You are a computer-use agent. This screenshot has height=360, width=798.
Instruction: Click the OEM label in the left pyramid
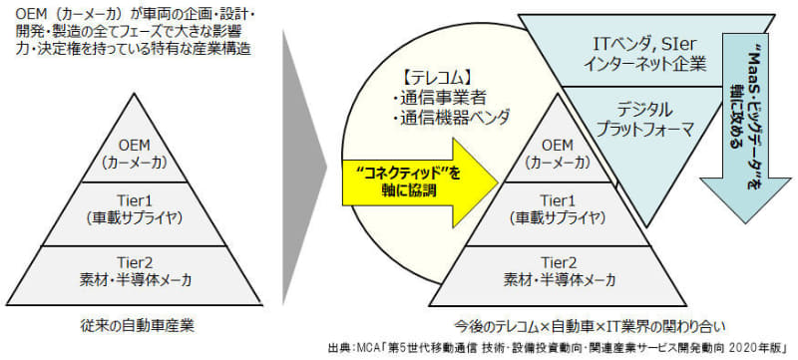point(141,143)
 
